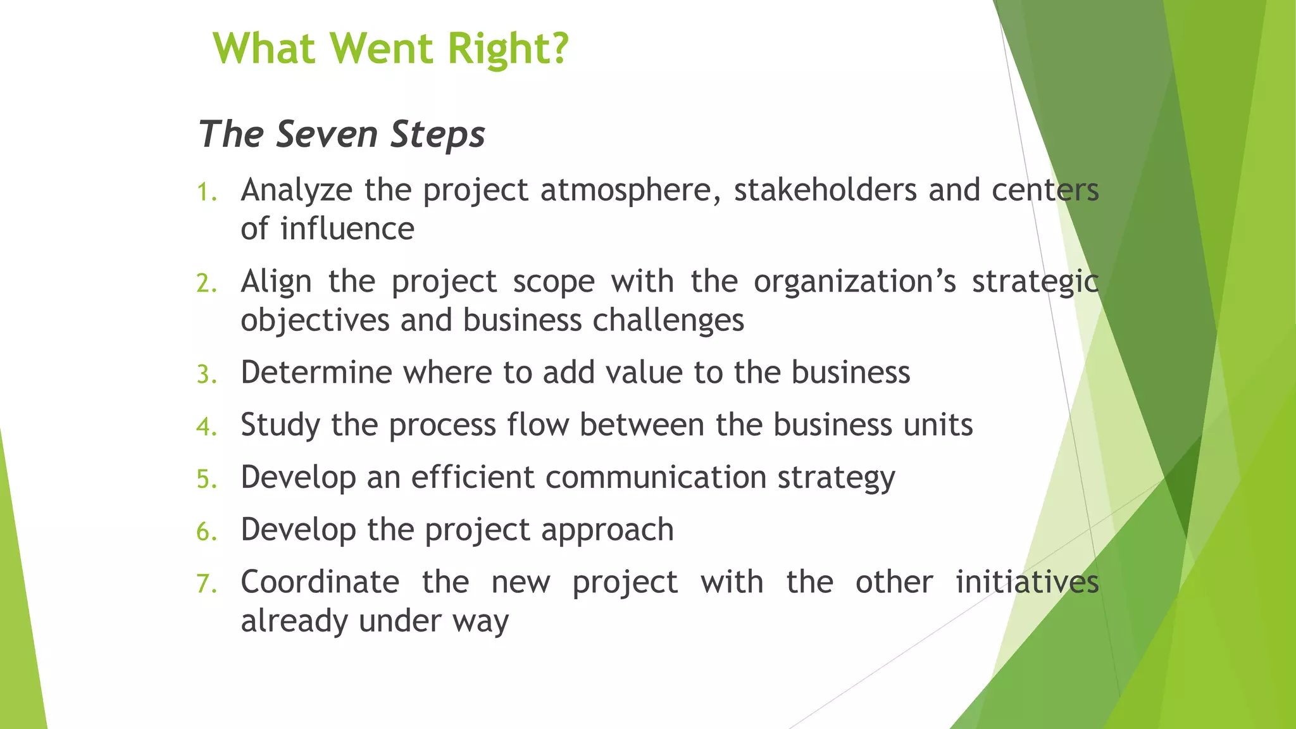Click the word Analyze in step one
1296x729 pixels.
(296, 190)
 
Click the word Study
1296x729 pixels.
(280, 425)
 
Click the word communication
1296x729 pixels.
(656, 477)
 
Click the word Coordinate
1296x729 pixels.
(320, 582)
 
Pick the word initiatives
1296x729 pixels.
(1026, 582)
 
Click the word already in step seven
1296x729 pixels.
(294, 621)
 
